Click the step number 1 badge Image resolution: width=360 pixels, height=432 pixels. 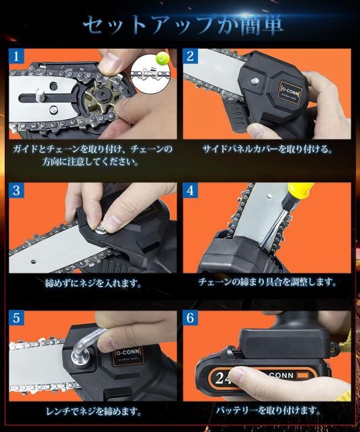16,56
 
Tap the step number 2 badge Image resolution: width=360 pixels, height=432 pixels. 190,56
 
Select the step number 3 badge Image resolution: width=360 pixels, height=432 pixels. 16,190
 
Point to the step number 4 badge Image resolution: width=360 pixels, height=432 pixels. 190,190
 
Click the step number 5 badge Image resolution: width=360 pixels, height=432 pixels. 16,318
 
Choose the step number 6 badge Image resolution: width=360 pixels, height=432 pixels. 190,318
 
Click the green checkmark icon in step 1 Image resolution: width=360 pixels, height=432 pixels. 163,59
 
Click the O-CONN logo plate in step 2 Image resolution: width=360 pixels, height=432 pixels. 290,90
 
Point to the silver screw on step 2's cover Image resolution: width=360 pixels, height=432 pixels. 255,81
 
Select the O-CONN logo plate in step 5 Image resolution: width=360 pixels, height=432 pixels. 128,356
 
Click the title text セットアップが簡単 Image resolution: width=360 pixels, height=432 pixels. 182,26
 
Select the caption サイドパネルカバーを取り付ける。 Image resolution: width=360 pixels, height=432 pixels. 267,149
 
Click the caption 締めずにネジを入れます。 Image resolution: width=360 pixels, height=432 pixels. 93,283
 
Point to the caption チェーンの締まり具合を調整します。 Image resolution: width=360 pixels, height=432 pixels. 267,282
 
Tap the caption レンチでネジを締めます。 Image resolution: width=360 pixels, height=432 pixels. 93,412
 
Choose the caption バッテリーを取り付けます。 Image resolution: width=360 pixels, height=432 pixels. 267,411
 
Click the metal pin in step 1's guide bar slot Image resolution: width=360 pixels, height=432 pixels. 41,94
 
